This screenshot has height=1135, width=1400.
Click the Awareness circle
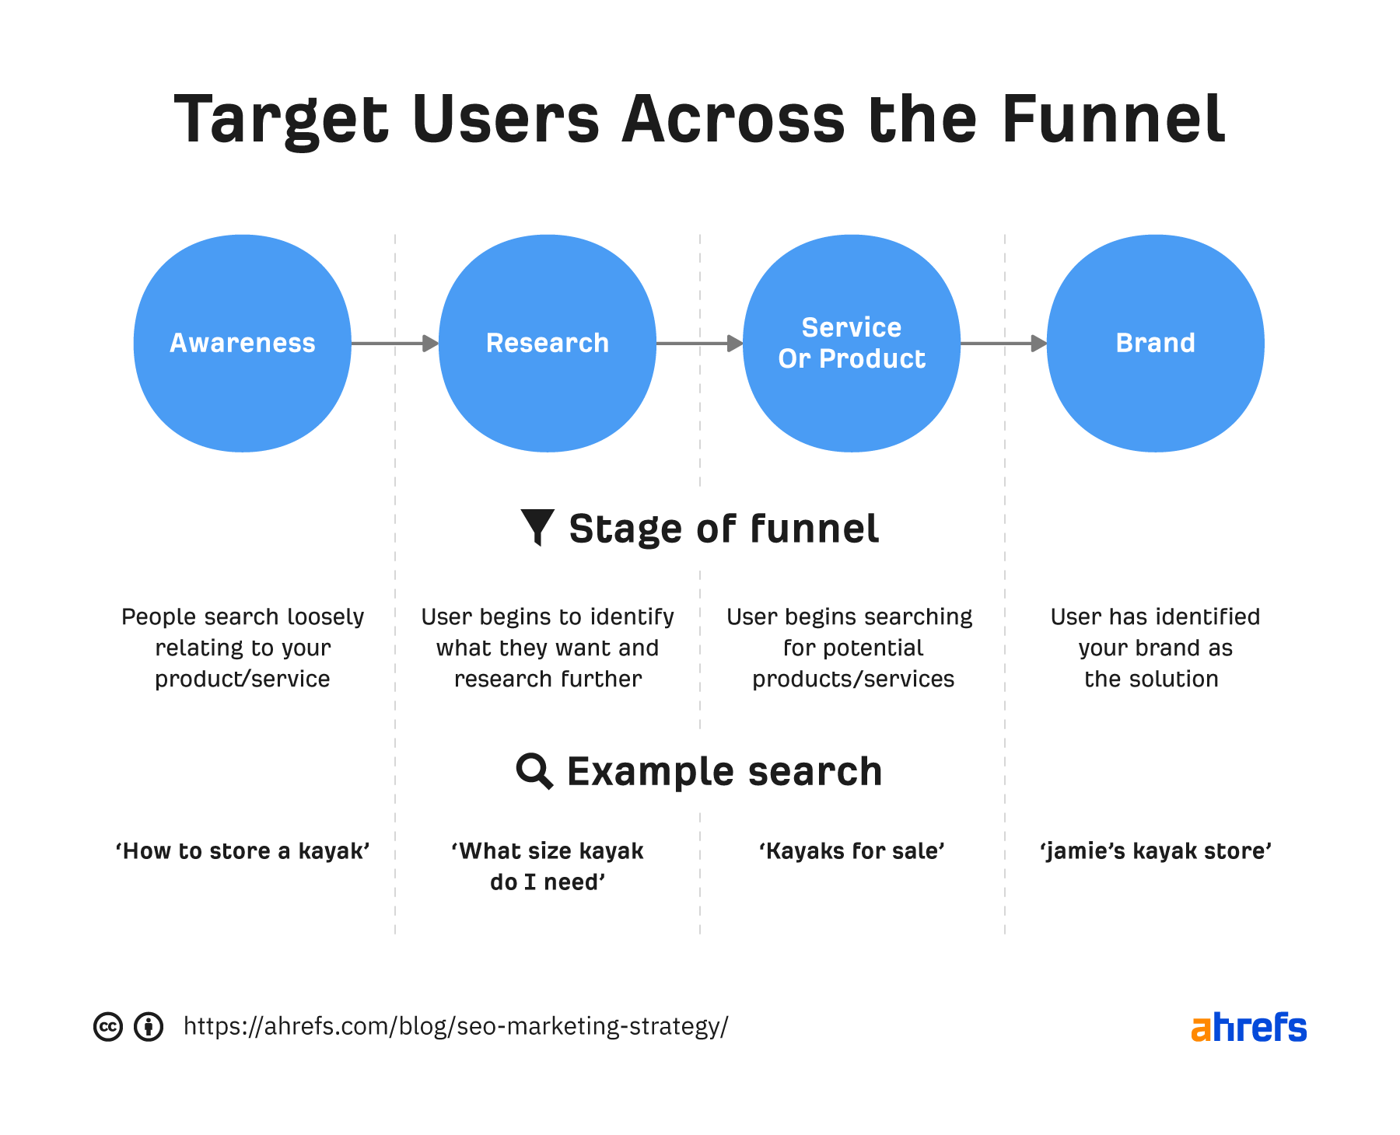[x=242, y=343]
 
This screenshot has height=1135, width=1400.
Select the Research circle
[x=547, y=343]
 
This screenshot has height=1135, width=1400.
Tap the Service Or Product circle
[x=852, y=343]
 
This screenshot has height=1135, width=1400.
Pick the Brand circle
[x=1155, y=343]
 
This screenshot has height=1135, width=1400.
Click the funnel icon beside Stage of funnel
[x=537, y=527]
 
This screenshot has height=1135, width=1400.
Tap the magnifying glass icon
[x=534, y=771]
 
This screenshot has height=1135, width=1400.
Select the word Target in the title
[x=280, y=120]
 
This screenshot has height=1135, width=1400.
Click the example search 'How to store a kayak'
[x=242, y=851]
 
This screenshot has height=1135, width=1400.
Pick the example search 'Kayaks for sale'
[x=852, y=851]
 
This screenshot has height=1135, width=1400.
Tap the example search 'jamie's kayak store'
[x=1155, y=851]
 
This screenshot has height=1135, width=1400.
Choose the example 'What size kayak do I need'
[x=548, y=866]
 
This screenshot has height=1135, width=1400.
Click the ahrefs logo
[x=1248, y=1027]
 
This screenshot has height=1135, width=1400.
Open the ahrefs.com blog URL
[x=456, y=1026]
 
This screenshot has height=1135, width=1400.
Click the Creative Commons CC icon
[x=108, y=1027]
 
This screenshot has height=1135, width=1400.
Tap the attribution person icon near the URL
[x=149, y=1027]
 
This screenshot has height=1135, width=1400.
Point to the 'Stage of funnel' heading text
[x=723, y=529]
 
